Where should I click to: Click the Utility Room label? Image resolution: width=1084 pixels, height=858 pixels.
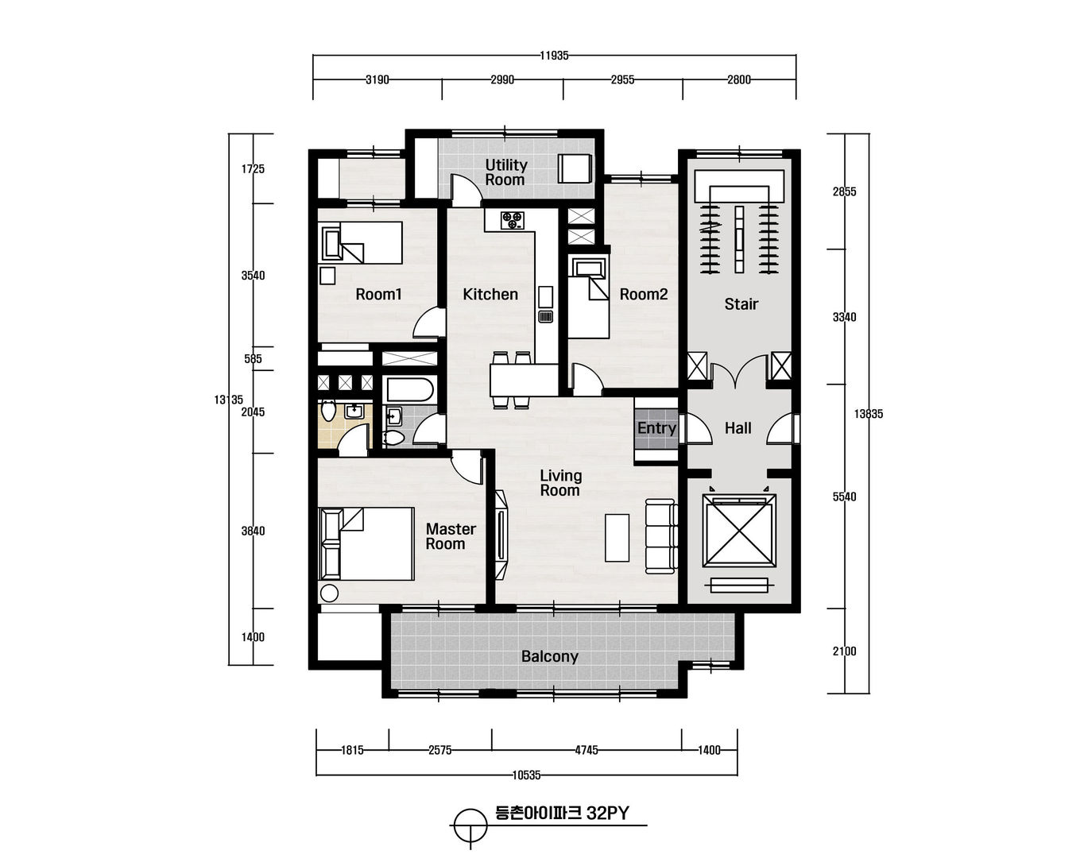point(505,172)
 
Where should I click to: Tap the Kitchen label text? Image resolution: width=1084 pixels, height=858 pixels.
point(490,295)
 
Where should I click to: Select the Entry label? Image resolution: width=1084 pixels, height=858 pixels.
point(656,428)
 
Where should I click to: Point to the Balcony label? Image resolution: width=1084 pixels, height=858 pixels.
point(549,657)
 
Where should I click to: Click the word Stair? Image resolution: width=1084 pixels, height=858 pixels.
point(741,304)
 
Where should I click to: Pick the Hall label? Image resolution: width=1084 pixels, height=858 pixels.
point(738,428)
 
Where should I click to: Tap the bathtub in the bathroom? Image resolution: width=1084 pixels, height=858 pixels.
point(408,390)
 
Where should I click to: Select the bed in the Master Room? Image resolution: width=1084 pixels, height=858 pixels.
point(366,543)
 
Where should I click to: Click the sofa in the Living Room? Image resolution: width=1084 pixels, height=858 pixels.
point(661,535)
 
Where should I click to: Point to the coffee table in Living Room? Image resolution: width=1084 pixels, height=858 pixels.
point(617,538)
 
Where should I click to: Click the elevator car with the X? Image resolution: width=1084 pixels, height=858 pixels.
point(739,531)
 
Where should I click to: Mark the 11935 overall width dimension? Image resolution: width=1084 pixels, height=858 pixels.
point(554,56)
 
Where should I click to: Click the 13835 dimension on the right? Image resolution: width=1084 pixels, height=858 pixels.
point(869,414)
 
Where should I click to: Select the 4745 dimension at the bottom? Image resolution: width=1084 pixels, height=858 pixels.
point(587,750)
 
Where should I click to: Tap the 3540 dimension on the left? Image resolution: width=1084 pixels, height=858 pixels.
point(253,276)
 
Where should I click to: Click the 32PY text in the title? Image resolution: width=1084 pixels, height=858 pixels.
point(607,814)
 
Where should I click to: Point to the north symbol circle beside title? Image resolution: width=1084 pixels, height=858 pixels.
point(469,825)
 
